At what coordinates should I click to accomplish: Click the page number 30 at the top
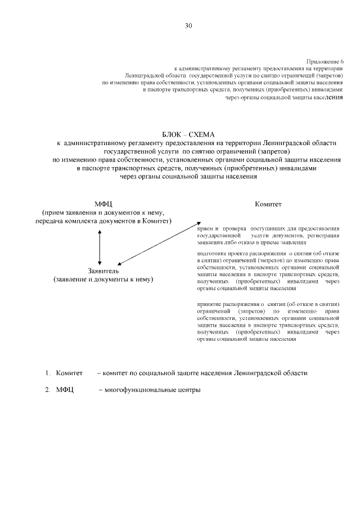click(188, 25)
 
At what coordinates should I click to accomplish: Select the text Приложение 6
click(325, 61)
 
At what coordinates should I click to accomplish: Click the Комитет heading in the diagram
click(268, 204)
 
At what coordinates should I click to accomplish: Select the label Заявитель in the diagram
click(102, 271)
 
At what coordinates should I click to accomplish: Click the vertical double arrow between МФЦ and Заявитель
click(100, 246)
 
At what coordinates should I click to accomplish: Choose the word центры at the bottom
click(189, 390)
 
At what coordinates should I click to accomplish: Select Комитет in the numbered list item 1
click(69, 373)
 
